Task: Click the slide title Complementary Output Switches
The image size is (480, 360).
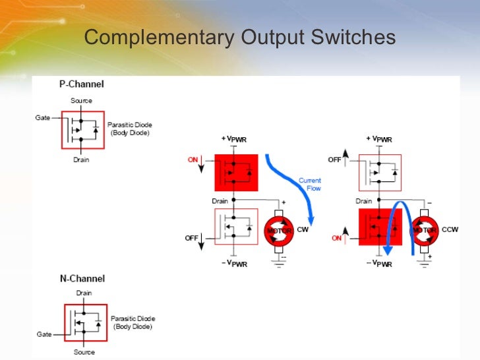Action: [x=240, y=38]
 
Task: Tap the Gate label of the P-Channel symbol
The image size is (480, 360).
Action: [x=43, y=117]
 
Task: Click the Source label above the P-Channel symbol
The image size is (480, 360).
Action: [x=81, y=101]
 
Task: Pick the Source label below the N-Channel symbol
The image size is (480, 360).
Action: [x=84, y=352]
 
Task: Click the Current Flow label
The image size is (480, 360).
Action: [x=309, y=184]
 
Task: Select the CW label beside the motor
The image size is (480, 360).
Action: [x=303, y=230]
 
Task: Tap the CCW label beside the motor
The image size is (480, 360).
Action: [x=450, y=230]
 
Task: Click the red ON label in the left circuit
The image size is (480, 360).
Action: [x=193, y=160]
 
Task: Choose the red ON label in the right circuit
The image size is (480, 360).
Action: [x=338, y=238]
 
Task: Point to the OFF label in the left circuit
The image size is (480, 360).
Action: [x=191, y=238]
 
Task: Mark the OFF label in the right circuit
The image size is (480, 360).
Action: [x=336, y=160]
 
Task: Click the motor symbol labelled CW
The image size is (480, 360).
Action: [x=278, y=229]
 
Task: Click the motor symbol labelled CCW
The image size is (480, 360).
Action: [x=425, y=229]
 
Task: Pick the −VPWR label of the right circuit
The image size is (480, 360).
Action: [x=379, y=264]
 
